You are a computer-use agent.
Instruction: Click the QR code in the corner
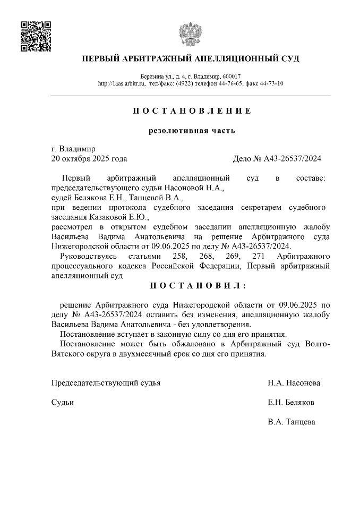35,36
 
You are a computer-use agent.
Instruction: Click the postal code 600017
231,76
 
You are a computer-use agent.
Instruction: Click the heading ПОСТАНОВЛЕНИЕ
191,111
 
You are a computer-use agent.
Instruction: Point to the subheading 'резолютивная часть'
191,131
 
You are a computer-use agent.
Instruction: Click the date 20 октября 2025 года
89,158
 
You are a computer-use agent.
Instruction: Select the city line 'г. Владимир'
73,149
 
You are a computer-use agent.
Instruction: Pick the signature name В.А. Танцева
292,422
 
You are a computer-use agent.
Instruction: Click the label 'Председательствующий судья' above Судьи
106,382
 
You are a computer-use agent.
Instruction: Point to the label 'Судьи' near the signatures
63,402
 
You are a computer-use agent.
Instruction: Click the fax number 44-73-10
272,83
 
